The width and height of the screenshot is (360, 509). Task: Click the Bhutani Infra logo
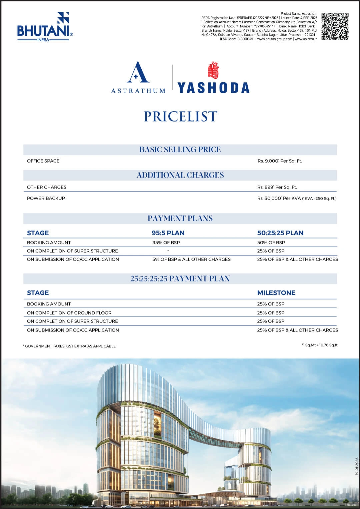pyautogui.click(x=45, y=27)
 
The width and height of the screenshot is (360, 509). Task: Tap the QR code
pyautogui.click(x=335, y=26)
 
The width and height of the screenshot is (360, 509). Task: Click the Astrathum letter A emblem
pyautogui.click(x=138, y=72)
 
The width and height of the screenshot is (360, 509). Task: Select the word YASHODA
pyautogui.click(x=213, y=88)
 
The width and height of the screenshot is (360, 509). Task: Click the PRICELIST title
pyautogui.click(x=180, y=117)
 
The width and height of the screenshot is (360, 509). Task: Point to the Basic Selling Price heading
pyautogui.click(x=180, y=150)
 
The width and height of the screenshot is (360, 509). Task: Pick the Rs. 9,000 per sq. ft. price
pyautogui.click(x=280, y=161)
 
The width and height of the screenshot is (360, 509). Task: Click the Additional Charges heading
pyautogui.click(x=180, y=175)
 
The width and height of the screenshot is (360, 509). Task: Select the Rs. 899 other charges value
pyautogui.click(x=277, y=187)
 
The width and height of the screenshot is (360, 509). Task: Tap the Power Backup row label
pyautogui.click(x=46, y=198)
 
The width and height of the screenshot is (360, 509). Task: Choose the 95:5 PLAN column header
pyautogui.click(x=168, y=233)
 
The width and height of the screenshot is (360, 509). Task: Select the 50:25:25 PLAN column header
pyautogui.click(x=280, y=233)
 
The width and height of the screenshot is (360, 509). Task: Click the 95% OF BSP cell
pyautogui.click(x=166, y=243)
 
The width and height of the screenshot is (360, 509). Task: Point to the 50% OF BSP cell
pyautogui.click(x=271, y=243)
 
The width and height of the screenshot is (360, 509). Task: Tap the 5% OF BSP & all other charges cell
pyautogui.click(x=191, y=259)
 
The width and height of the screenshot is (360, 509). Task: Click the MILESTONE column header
pyautogui.click(x=276, y=293)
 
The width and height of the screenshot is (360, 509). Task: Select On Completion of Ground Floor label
pyautogui.click(x=69, y=313)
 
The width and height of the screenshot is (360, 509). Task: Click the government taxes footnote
pyautogui.click(x=69, y=346)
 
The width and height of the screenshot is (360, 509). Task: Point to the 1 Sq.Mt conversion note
pyautogui.click(x=320, y=345)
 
